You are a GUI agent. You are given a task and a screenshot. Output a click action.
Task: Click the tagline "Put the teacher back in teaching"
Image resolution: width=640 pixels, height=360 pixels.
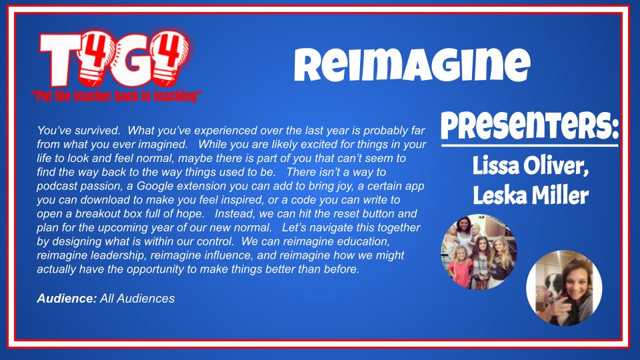[x=117, y=97]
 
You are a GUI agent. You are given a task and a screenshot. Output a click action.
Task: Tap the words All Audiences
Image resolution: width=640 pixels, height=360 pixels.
[x=137, y=299]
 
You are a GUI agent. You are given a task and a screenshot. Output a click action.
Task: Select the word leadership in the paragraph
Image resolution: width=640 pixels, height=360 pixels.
[x=121, y=257]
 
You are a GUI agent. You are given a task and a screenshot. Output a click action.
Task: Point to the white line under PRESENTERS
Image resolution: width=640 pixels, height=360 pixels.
[x=529, y=144]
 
